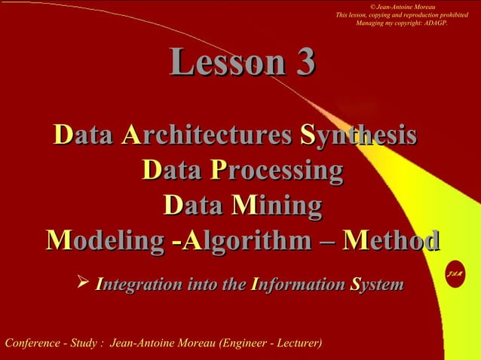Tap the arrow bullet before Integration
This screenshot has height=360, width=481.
coord(83,284)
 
